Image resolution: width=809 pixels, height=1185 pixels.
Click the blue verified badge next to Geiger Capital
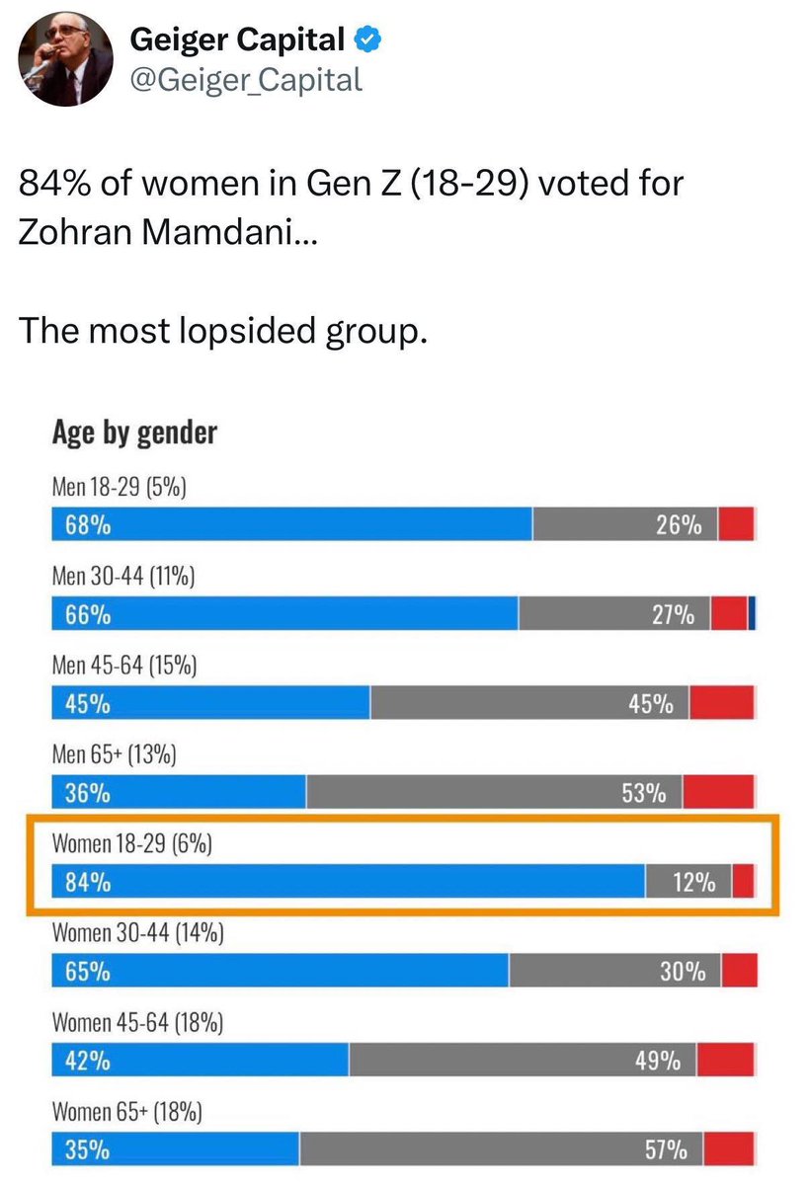click(x=369, y=40)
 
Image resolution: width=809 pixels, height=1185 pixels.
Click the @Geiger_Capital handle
click(x=247, y=79)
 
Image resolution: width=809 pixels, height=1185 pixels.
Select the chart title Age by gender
click(x=134, y=432)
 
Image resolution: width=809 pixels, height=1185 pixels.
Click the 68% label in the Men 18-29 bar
click(x=87, y=525)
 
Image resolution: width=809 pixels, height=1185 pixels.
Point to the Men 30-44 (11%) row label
click(x=122, y=576)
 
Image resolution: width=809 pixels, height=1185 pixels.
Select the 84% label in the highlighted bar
click(x=87, y=883)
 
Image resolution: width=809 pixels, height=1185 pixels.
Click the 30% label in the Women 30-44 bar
click(x=683, y=972)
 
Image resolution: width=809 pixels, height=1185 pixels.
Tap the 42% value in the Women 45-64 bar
click(x=87, y=1062)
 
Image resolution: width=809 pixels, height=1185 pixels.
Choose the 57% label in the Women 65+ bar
click(x=666, y=1150)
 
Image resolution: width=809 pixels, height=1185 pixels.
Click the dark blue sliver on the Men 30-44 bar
click(x=752, y=614)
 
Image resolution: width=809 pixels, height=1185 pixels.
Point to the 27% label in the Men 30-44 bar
click(x=672, y=615)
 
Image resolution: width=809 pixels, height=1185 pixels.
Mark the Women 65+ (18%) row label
click(x=126, y=1112)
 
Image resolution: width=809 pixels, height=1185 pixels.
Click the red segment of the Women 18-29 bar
click(x=744, y=882)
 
